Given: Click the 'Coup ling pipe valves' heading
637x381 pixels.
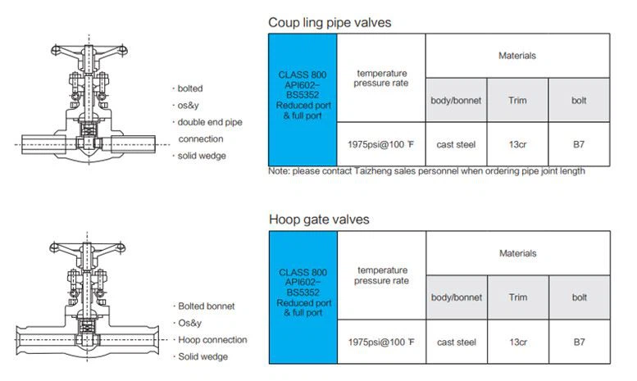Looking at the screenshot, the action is tap(330, 22).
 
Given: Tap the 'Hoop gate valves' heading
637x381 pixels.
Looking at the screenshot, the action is tap(319, 220).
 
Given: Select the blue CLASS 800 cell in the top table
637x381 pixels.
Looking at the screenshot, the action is tap(303, 100).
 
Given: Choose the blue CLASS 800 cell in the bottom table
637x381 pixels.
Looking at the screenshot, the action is tap(303, 297).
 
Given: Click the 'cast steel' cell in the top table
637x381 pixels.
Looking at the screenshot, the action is tap(456, 144).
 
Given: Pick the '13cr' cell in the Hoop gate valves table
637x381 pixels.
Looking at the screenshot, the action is tap(518, 342).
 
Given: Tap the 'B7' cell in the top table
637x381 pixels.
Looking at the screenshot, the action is tap(579, 144).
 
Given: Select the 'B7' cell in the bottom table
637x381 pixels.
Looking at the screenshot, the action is tap(580, 342).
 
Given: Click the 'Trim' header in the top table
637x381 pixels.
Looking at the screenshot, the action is tap(517, 100).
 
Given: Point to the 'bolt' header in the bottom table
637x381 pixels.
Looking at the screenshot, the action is tap(580, 297).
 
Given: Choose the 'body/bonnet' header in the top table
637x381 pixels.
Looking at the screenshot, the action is tap(456, 100).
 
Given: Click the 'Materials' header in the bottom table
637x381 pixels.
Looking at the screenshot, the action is tap(517, 253).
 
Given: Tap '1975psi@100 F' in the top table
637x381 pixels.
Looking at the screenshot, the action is tap(380, 144).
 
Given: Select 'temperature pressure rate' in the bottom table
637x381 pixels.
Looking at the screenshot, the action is tap(381, 275).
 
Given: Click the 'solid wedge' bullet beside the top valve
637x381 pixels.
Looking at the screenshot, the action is tap(199, 156).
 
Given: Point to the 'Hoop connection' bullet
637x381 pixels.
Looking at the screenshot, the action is tap(210, 339).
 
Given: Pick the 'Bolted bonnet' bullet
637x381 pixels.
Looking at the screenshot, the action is tap(204, 306).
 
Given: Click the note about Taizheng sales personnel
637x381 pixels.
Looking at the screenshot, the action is tap(426, 171).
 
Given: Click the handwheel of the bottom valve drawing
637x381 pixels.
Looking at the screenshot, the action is tap(88, 248).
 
